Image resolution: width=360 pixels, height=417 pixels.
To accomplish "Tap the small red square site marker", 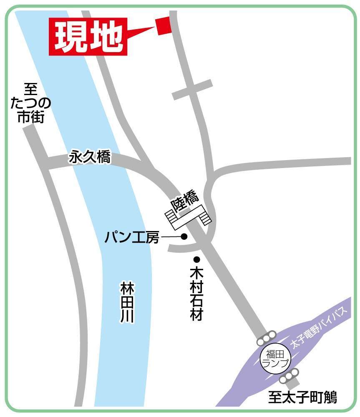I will pyautogui.click(x=164, y=26).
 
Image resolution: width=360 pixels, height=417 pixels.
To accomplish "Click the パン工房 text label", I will pyautogui.click(x=132, y=237).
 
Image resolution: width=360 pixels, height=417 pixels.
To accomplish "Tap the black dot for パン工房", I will pyautogui.click(x=184, y=237).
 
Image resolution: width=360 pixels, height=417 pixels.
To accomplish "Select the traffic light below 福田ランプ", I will pyautogui.click(x=290, y=375).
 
